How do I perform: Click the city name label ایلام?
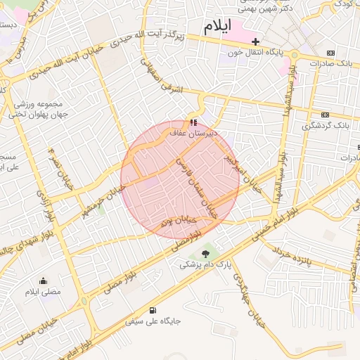point(217,27)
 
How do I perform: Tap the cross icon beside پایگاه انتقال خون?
point(256,41)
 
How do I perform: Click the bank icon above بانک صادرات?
point(331,53)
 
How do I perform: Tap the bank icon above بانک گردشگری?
point(325,115)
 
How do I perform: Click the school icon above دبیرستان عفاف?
point(193,122)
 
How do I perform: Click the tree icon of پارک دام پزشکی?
point(205,254)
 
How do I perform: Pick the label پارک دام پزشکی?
point(205,264)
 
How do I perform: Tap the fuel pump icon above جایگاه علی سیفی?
point(153,310)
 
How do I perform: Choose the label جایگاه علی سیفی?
point(153,321)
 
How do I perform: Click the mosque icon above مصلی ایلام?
point(43,281)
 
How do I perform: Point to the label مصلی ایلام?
point(43,291)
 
